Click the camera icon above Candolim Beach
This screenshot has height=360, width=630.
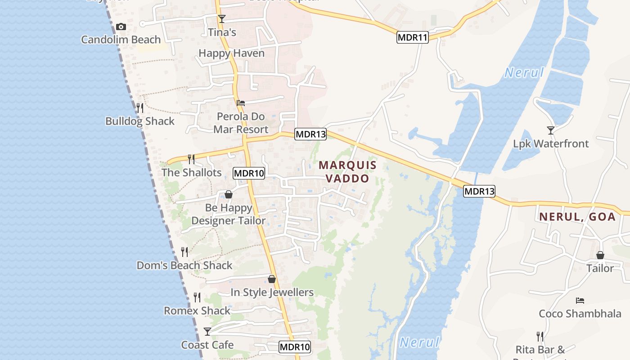pyautogui.click(x=121, y=27)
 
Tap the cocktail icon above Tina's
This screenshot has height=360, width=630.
pyautogui.click(x=221, y=18)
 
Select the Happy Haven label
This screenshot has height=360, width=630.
pyautogui.click(x=231, y=53)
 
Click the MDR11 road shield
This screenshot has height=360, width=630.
pyautogui.click(x=412, y=37)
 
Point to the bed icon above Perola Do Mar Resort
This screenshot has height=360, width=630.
pyautogui.click(x=241, y=103)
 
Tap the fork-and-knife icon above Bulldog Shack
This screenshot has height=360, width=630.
pyautogui.click(x=140, y=108)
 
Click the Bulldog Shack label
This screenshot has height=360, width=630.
pyautogui.click(x=140, y=121)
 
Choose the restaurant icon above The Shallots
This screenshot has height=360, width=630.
pyautogui.click(x=191, y=159)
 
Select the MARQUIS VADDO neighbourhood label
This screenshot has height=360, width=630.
pyautogui.click(x=347, y=171)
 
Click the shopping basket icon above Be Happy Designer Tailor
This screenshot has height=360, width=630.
pyautogui.click(x=229, y=194)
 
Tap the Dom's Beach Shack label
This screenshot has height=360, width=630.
pyautogui.click(x=184, y=265)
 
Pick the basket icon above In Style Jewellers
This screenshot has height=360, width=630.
pyautogui.click(x=272, y=279)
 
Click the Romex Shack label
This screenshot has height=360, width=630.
pyautogui.click(x=197, y=310)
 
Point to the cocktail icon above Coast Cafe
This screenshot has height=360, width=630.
pyautogui.click(x=207, y=332)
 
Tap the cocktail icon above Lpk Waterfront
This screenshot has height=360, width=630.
pyautogui.click(x=551, y=130)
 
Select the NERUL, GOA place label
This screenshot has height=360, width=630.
pyautogui.click(x=577, y=216)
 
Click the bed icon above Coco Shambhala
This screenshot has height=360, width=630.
pyautogui.click(x=580, y=300)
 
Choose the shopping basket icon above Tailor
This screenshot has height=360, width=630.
pyautogui.click(x=600, y=255)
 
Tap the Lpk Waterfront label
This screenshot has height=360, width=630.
pyautogui.click(x=551, y=144)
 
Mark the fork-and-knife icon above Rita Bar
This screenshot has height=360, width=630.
pyautogui.click(x=540, y=336)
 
